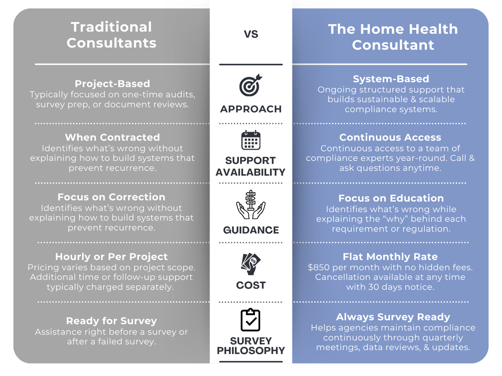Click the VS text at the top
[x=251, y=34]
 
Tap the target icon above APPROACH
[x=251, y=85]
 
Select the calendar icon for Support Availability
[x=251, y=140]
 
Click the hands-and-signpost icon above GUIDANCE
[x=251, y=205]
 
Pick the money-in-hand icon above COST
[x=251, y=264]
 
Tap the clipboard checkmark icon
[x=251, y=320]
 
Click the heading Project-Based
[x=112, y=84]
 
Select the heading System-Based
[x=391, y=79]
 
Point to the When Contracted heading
[x=112, y=137]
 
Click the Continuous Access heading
[x=390, y=137]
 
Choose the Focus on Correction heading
[x=111, y=197]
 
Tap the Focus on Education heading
[x=391, y=198]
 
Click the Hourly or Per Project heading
[x=111, y=257]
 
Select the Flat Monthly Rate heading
[x=390, y=257]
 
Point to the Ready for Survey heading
[x=111, y=321]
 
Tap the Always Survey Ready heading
[x=393, y=317]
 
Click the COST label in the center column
[x=251, y=285]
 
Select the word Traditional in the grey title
[x=111, y=27]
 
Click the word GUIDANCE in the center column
[x=251, y=230]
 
